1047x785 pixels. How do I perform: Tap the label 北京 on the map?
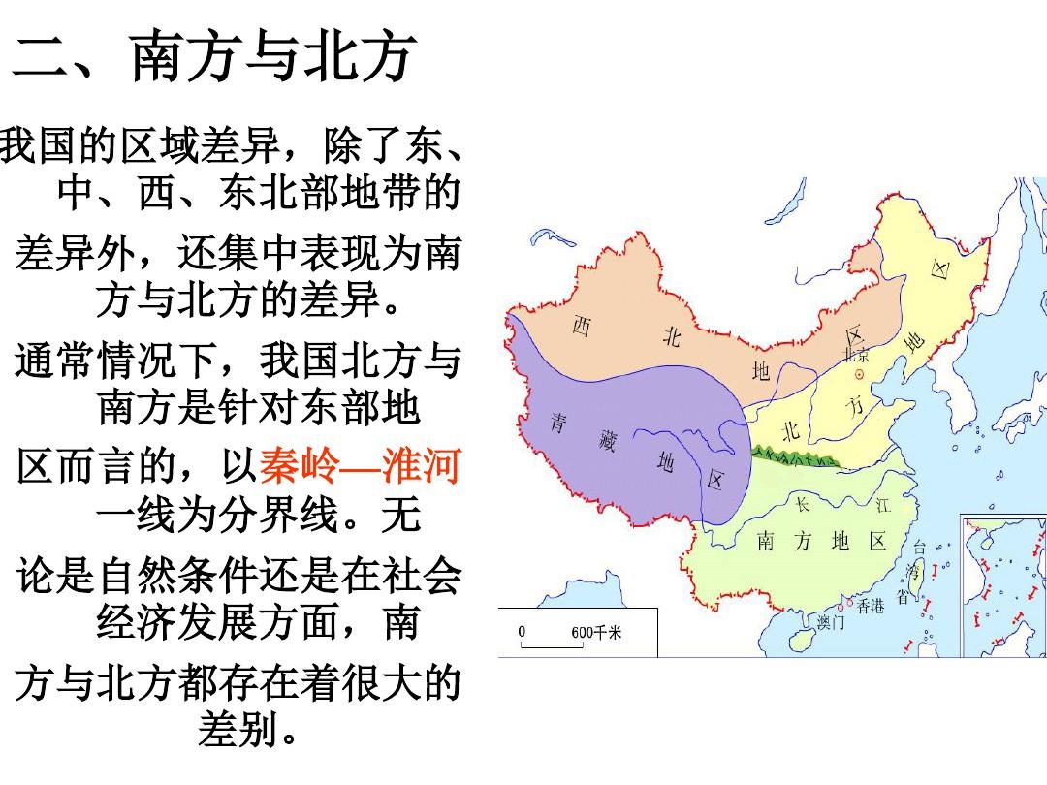tap(856, 355)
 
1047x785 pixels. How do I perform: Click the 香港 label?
tap(871, 607)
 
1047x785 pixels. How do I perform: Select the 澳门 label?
tap(831, 622)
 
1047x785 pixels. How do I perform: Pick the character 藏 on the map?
tap(607, 445)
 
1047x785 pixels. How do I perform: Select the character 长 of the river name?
tap(803, 505)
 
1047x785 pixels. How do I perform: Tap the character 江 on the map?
tap(882, 505)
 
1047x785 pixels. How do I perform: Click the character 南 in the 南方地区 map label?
tap(765, 541)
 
